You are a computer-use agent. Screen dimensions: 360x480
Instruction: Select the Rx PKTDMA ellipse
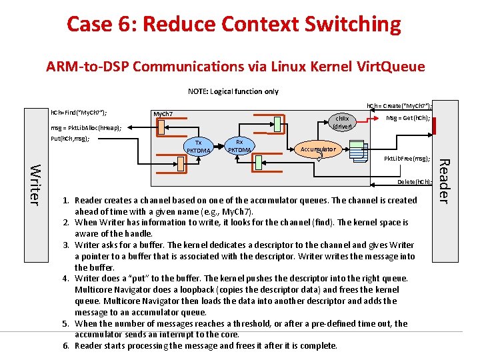click(x=239, y=146)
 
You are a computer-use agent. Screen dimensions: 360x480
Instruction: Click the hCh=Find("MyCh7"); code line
click(x=79, y=113)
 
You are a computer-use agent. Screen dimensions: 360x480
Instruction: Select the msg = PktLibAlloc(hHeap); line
click(x=86, y=127)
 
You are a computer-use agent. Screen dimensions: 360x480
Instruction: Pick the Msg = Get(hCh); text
click(x=408, y=118)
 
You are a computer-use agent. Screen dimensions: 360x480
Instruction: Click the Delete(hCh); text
click(x=414, y=181)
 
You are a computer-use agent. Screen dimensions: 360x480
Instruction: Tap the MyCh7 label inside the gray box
click(x=163, y=114)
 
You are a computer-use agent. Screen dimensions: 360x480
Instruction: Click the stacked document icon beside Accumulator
click(x=360, y=154)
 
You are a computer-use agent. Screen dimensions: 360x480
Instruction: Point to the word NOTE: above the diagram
click(x=199, y=91)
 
